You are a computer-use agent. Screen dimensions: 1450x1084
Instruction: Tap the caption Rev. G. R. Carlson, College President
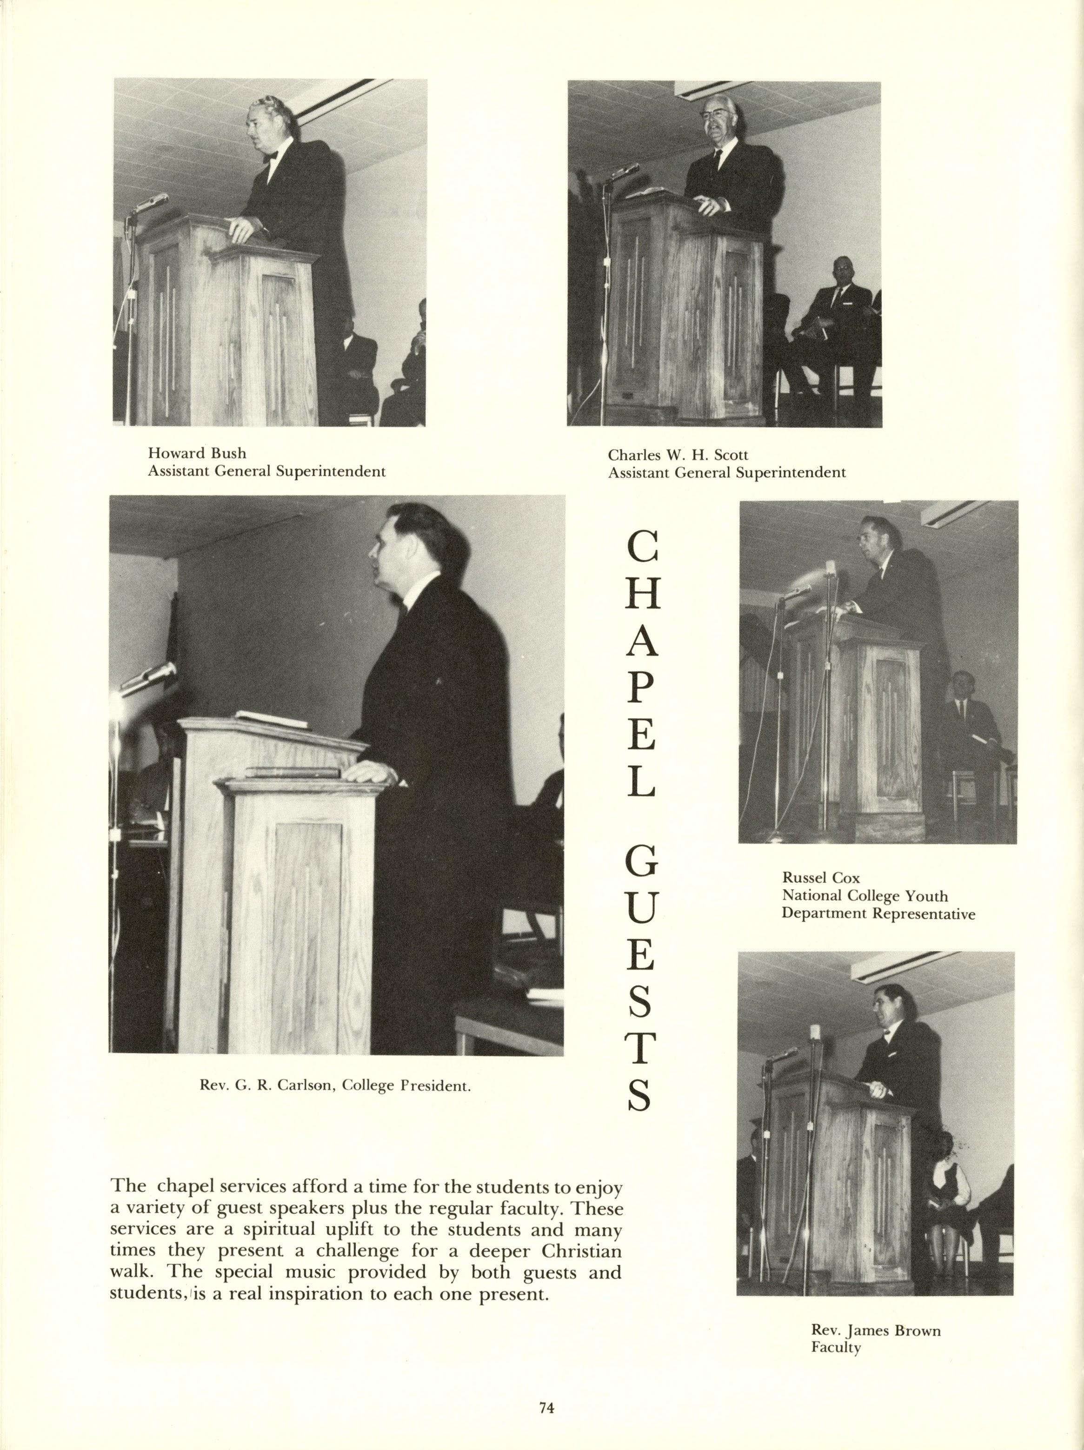click(335, 1086)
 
